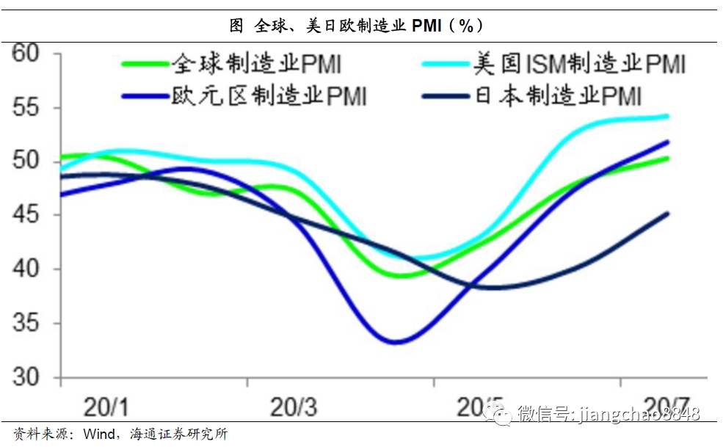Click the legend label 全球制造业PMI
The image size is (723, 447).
256,64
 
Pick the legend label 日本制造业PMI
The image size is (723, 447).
558,96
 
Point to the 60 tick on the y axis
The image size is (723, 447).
29,54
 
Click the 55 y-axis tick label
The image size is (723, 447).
29,107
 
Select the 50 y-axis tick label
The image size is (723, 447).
29,161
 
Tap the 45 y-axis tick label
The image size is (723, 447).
29,215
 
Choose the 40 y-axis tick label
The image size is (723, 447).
29,269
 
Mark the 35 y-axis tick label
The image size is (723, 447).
29,323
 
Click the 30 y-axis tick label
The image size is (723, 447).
29,377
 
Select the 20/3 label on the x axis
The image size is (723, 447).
294,406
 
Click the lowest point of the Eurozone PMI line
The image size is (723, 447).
395,342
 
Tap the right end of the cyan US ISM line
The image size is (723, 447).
667,116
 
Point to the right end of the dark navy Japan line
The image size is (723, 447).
667,214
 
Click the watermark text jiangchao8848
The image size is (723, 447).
639,415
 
